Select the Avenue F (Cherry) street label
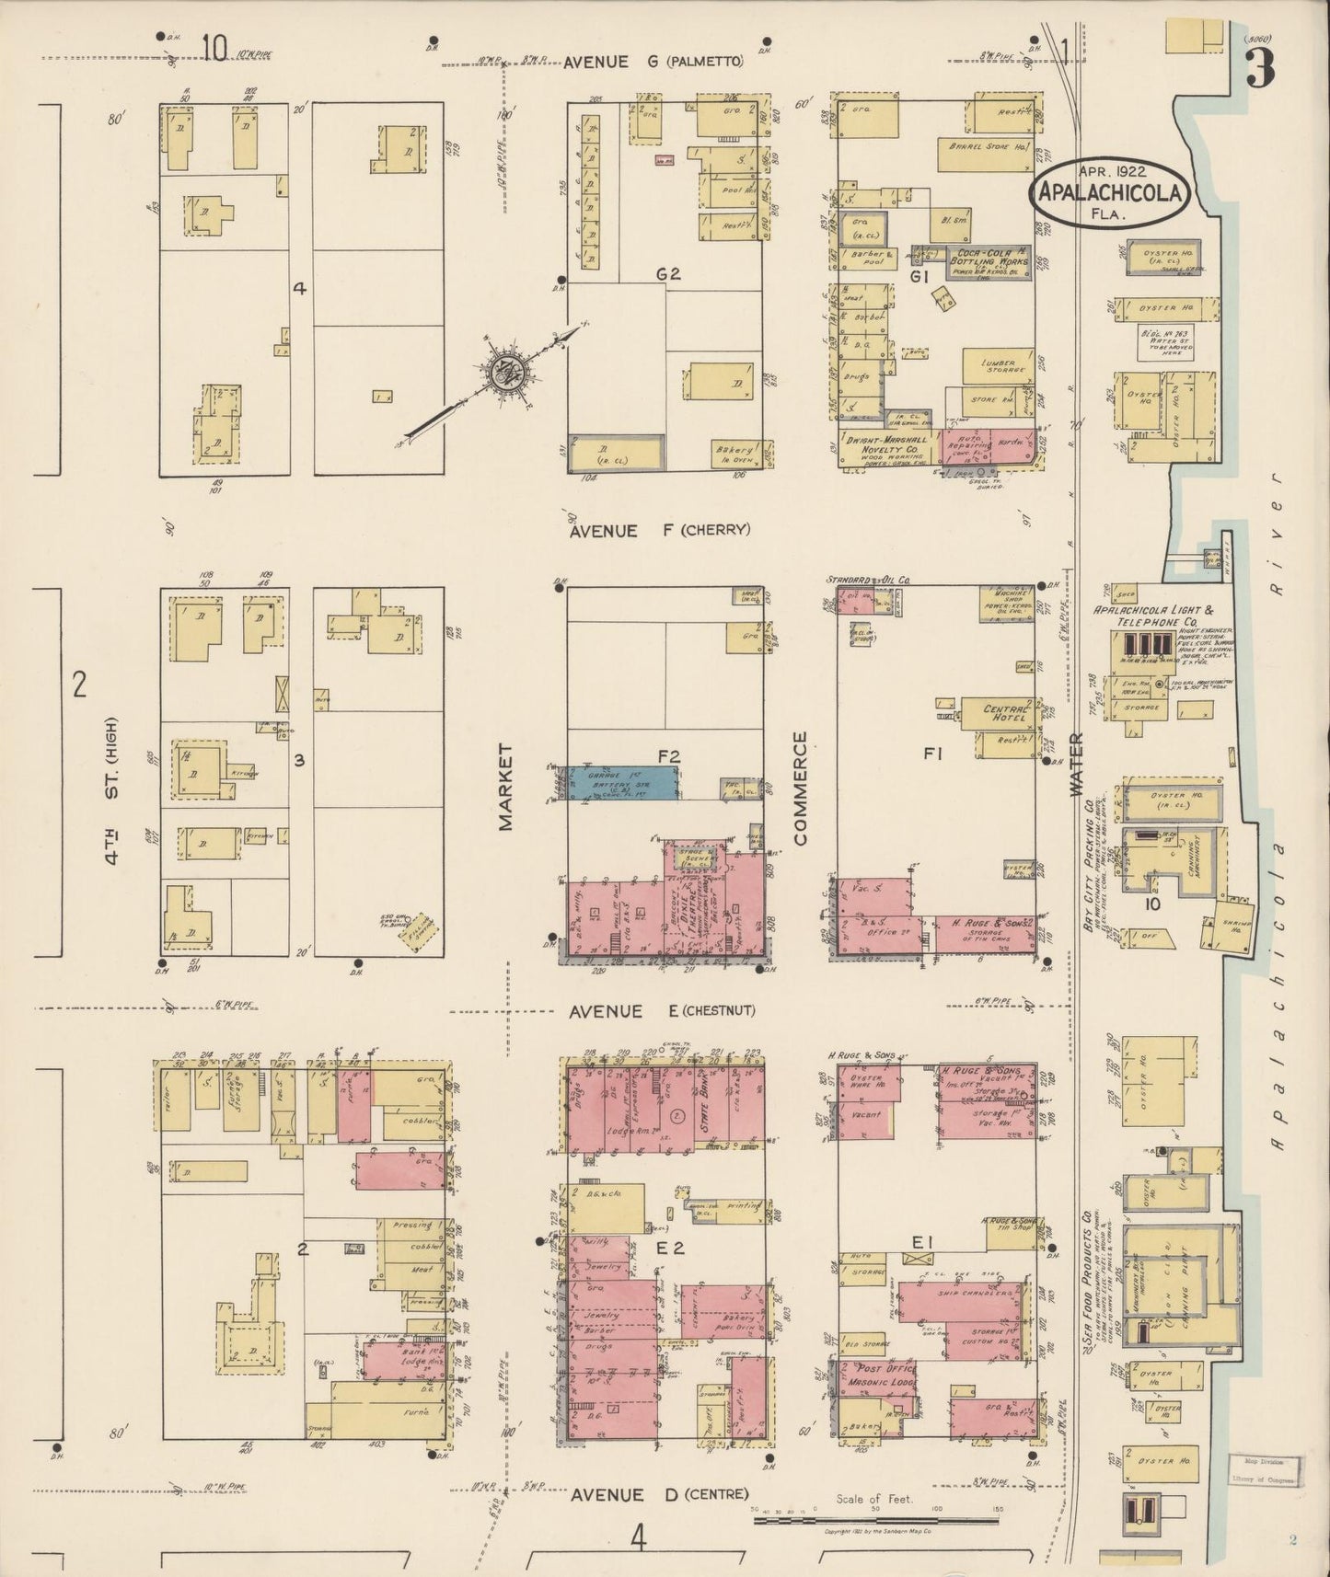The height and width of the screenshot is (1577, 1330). [x=659, y=530]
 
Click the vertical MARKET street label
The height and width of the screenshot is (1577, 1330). [x=504, y=788]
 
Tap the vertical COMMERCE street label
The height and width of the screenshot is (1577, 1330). [x=799, y=788]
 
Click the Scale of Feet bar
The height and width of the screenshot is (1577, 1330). [x=874, y=1520]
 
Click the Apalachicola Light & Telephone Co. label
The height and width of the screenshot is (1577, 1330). [x=1151, y=616]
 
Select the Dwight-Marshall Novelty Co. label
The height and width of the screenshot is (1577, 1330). [x=886, y=444]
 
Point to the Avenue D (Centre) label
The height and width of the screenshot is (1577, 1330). [x=658, y=1495]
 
